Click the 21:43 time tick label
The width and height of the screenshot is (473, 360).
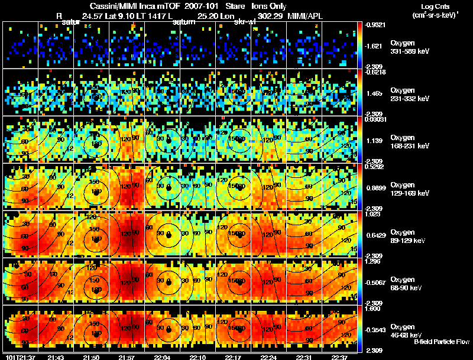tap(56, 357)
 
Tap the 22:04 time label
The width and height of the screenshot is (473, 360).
tap(165, 357)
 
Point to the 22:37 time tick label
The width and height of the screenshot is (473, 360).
tap(339, 357)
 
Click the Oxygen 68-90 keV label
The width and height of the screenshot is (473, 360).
tap(407, 283)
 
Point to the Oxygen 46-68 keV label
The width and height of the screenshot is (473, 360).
tap(407, 330)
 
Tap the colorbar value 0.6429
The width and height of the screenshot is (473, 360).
tap(376, 235)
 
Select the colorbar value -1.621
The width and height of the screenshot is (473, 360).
tap(376, 46)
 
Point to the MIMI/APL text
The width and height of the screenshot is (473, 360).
tap(305, 16)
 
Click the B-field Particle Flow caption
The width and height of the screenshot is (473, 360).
tap(442, 342)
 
